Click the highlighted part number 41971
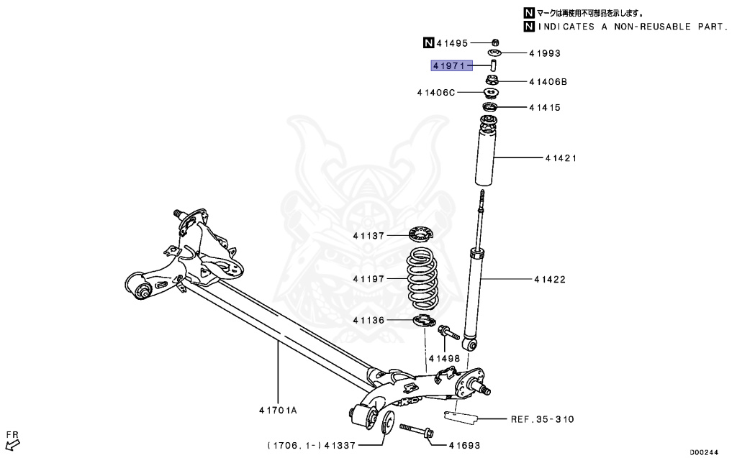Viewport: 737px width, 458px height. pos(449,65)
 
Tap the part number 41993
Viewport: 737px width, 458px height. pos(544,53)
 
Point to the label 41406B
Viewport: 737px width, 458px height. pos(548,82)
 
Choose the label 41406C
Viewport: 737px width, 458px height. pos(435,92)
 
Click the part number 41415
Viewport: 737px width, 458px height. pos(544,108)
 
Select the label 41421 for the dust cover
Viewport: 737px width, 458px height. pos(549,157)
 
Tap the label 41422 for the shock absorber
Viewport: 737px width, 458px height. pos(549,279)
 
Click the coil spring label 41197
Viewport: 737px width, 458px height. pos(369,278)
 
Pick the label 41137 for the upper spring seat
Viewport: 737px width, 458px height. pos(369,236)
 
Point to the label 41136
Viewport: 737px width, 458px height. pos(369,320)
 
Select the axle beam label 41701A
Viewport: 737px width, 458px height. pos(278,411)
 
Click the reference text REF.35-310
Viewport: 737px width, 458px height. pos(542,418)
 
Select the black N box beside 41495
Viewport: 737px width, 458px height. pos(428,42)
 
